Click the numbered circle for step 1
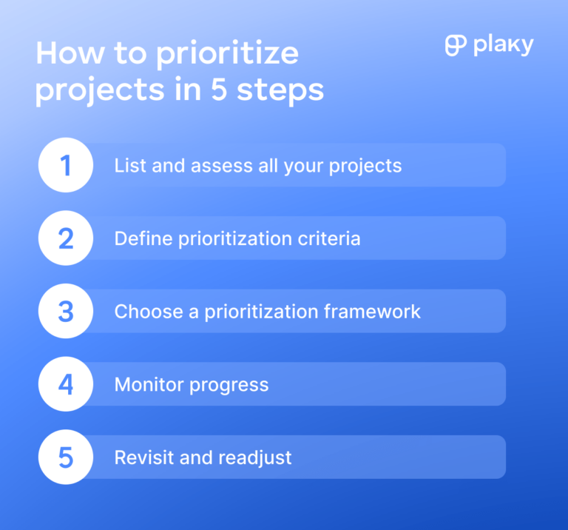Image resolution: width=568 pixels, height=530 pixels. click(66, 165)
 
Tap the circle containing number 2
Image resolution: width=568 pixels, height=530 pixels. click(66, 238)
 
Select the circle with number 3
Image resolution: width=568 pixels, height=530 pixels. click(66, 311)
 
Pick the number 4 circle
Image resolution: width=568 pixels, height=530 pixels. click(66, 384)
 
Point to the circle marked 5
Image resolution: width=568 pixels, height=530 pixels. click(66, 457)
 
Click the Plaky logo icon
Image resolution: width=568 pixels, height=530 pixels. click(456, 45)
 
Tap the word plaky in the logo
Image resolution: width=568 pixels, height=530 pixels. click(504, 46)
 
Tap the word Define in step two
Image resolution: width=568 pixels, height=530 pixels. click(140, 238)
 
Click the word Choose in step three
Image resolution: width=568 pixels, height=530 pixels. click(143, 311)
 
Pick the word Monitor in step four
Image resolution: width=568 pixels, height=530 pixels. click(146, 384)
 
